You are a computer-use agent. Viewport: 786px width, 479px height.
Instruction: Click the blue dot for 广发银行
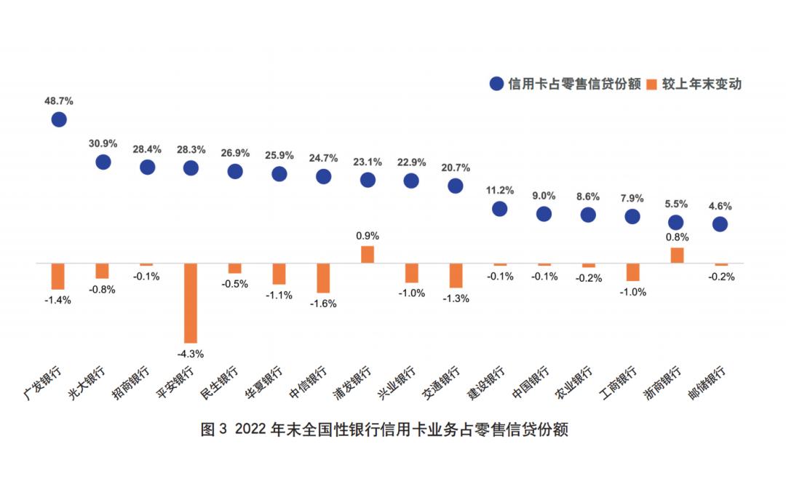tap(59, 119)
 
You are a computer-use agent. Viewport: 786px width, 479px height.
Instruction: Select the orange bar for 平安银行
tap(191, 303)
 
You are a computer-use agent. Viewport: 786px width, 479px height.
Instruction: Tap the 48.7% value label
tap(59, 100)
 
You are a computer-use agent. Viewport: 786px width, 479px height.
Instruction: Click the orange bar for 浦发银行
tap(368, 254)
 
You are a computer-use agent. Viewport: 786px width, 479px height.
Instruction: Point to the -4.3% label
tap(191, 354)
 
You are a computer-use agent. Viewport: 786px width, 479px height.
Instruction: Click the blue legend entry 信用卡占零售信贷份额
tap(565, 84)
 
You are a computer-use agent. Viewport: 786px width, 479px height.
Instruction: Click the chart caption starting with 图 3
tap(384, 429)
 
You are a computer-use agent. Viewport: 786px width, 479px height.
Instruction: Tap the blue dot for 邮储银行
tap(720, 224)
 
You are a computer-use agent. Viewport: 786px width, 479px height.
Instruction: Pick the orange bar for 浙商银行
tap(676, 255)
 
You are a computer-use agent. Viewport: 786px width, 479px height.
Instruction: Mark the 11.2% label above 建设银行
tap(499, 191)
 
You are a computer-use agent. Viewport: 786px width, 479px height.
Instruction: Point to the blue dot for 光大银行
tap(103, 162)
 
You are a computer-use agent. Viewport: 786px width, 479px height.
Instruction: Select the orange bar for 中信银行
tap(323, 278)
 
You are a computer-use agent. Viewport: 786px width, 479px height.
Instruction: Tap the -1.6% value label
tap(323, 304)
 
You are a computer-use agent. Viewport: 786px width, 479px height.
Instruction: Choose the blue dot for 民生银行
tap(235, 171)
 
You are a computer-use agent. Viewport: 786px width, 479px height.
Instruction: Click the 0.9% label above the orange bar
tap(368, 236)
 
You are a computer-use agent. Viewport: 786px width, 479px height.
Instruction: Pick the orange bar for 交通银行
tap(456, 275)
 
